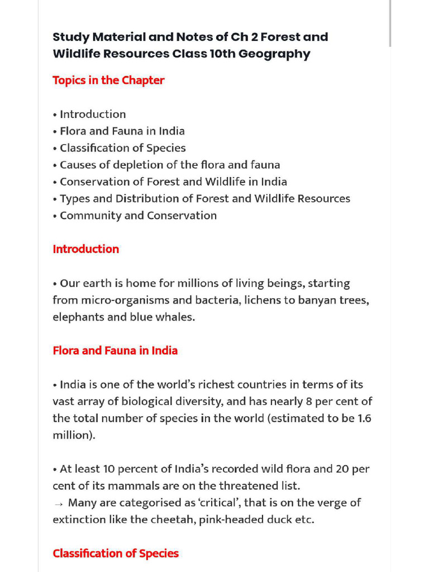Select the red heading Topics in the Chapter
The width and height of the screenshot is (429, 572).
tap(108, 80)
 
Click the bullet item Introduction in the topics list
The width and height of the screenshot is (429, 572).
tap(92, 115)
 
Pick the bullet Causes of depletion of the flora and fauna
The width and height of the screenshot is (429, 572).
tap(169, 165)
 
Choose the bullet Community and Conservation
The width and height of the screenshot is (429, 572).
tap(138, 216)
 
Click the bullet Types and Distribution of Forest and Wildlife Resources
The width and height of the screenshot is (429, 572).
tap(204, 199)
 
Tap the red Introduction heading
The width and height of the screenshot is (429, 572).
tap(85, 249)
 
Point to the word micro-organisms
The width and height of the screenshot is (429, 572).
tap(125, 300)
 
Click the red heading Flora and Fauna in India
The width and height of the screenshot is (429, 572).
tap(115, 351)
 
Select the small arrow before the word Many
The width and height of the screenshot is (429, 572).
tap(59, 503)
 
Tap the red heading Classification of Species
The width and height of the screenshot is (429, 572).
tap(116, 554)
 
